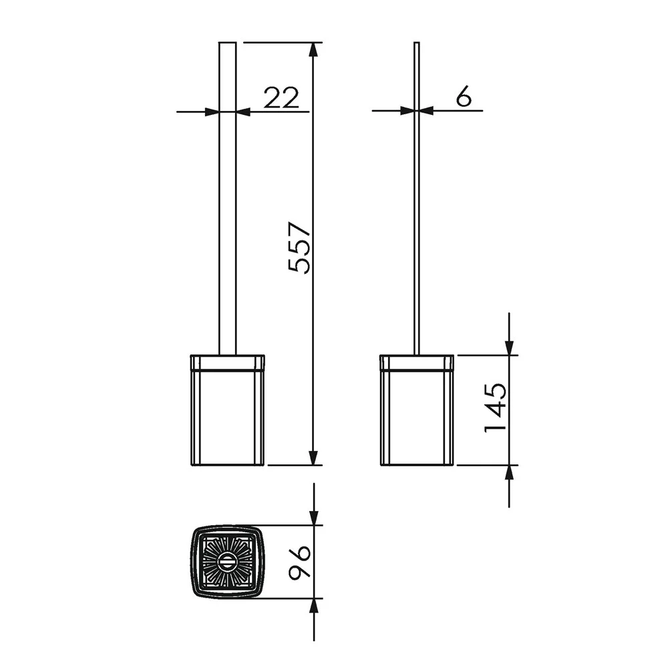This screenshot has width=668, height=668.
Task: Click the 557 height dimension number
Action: [299, 247]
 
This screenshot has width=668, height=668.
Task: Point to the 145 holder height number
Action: [496, 407]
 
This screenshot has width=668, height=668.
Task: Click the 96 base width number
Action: [299, 562]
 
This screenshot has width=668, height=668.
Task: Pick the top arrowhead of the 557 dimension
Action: [313, 49]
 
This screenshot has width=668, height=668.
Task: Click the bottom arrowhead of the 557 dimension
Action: [313, 458]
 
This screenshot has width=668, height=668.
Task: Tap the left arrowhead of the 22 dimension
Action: [212, 112]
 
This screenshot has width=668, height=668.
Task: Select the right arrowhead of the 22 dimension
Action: [243, 112]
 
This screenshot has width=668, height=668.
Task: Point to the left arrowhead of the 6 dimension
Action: [407, 111]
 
